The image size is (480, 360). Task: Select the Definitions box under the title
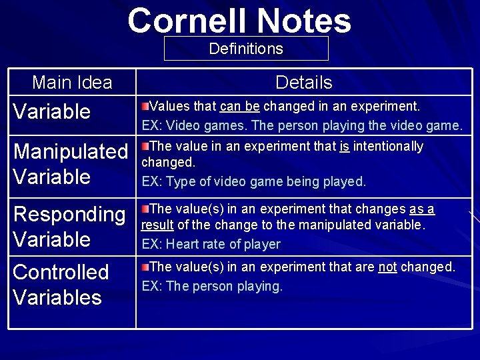pyautogui.click(x=246, y=49)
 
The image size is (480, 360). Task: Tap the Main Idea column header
pyautogui.click(x=72, y=83)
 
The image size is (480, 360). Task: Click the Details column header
pyautogui.click(x=303, y=83)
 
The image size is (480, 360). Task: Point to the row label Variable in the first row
pyautogui.click(x=52, y=111)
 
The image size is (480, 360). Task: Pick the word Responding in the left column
pyautogui.click(x=69, y=215)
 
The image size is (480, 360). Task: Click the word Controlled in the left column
pyautogui.click(x=61, y=272)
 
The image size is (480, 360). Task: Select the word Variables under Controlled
pyautogui.click(x=57, y=297)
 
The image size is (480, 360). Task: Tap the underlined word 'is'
pyautogui.click(x=344, y=147)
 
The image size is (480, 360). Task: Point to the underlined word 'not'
pyautogui.click(x=387, y=267)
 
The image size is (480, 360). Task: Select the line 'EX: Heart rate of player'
pyautogui.click(x=211, y=245)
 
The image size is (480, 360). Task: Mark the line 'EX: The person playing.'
pyautogui.click(x=212, y=287)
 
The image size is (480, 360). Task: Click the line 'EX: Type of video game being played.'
pyautogui.click(x=253, y=181)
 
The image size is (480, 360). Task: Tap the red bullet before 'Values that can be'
pyautogui.click(x=145, y=105)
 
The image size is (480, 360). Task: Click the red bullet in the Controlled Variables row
pyautogui.click(x=145, y=267)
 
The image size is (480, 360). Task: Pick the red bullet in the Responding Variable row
pyautogui.click(x=145, y=209)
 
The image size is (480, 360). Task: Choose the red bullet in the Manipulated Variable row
pyautogui.click(x=145, y=145)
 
